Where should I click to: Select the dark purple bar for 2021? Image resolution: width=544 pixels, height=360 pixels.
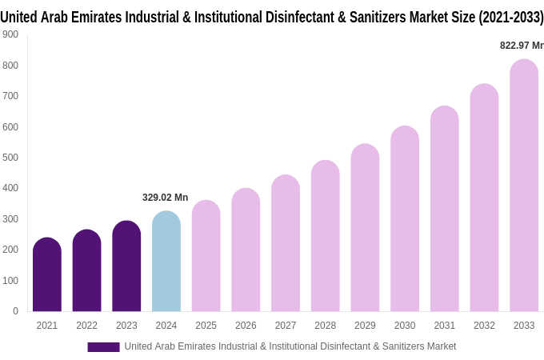point(47,275)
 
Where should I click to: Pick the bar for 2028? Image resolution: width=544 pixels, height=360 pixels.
point(325,236)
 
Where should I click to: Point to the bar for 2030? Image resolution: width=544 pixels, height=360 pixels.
point(405,219)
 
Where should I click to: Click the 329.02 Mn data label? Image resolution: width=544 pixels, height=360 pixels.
point(165,198)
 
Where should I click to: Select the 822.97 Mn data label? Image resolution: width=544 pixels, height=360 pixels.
point(521,46)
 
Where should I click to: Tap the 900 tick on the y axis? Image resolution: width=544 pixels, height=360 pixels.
point(10,34)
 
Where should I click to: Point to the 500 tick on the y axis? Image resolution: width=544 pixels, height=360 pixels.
point(10,158)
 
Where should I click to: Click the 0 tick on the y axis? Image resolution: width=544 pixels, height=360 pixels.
point(15,311)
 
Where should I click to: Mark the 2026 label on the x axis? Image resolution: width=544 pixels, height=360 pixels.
point(246,326)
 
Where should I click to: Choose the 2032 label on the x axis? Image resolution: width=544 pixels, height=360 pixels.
point(484,326)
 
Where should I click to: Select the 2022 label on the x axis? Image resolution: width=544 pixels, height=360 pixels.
point(86,326)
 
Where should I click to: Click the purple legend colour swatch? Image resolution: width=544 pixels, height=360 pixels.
point(103,346)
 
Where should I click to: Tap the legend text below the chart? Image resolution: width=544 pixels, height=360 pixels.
point(290,346)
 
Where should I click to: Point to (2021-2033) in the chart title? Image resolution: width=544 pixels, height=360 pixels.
point(511,17)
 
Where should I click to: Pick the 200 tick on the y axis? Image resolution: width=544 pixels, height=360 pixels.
point(10,250)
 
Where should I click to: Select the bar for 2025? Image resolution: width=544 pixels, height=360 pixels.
point(206,256)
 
